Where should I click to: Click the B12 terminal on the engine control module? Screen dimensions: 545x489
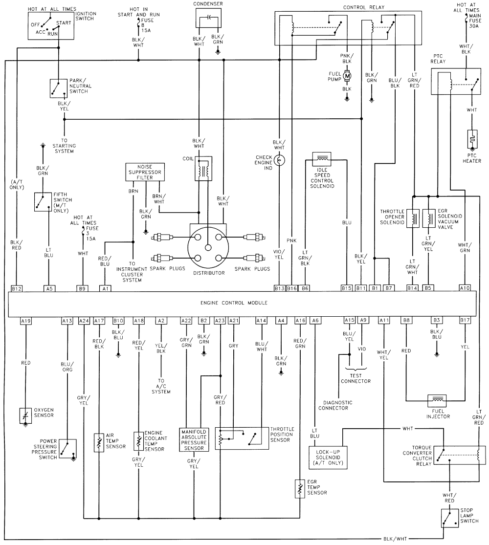[17, 288]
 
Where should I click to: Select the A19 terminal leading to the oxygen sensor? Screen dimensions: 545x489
[26, 321]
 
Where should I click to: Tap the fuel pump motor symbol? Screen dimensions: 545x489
[347, 76]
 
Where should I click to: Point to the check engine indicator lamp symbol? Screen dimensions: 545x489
[279, 160]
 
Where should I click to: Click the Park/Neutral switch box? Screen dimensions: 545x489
[58, 88]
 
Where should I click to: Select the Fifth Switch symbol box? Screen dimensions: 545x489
[43, 201]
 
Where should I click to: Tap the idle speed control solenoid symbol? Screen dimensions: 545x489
[322, 158]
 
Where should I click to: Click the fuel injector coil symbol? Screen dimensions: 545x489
[437, 400]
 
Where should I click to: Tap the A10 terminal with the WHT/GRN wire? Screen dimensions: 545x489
[465, 288]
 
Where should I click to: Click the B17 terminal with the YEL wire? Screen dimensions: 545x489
[465, 321]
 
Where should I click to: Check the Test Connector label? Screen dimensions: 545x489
[356, 381]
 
